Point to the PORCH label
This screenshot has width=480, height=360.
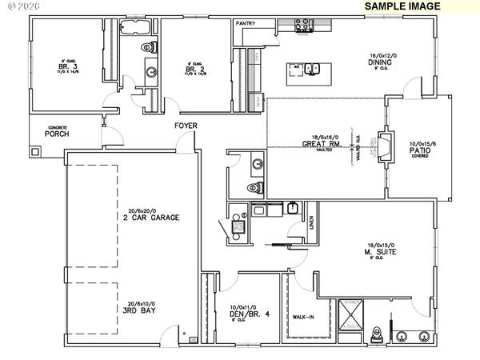click(x=56, y=134)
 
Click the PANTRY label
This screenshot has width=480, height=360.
click(x=245, y=24)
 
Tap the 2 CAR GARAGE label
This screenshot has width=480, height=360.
click(x=128, y=217)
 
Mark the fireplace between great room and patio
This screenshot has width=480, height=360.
click(x=383, y=149)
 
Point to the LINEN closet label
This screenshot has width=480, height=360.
click(x=310, y=231)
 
